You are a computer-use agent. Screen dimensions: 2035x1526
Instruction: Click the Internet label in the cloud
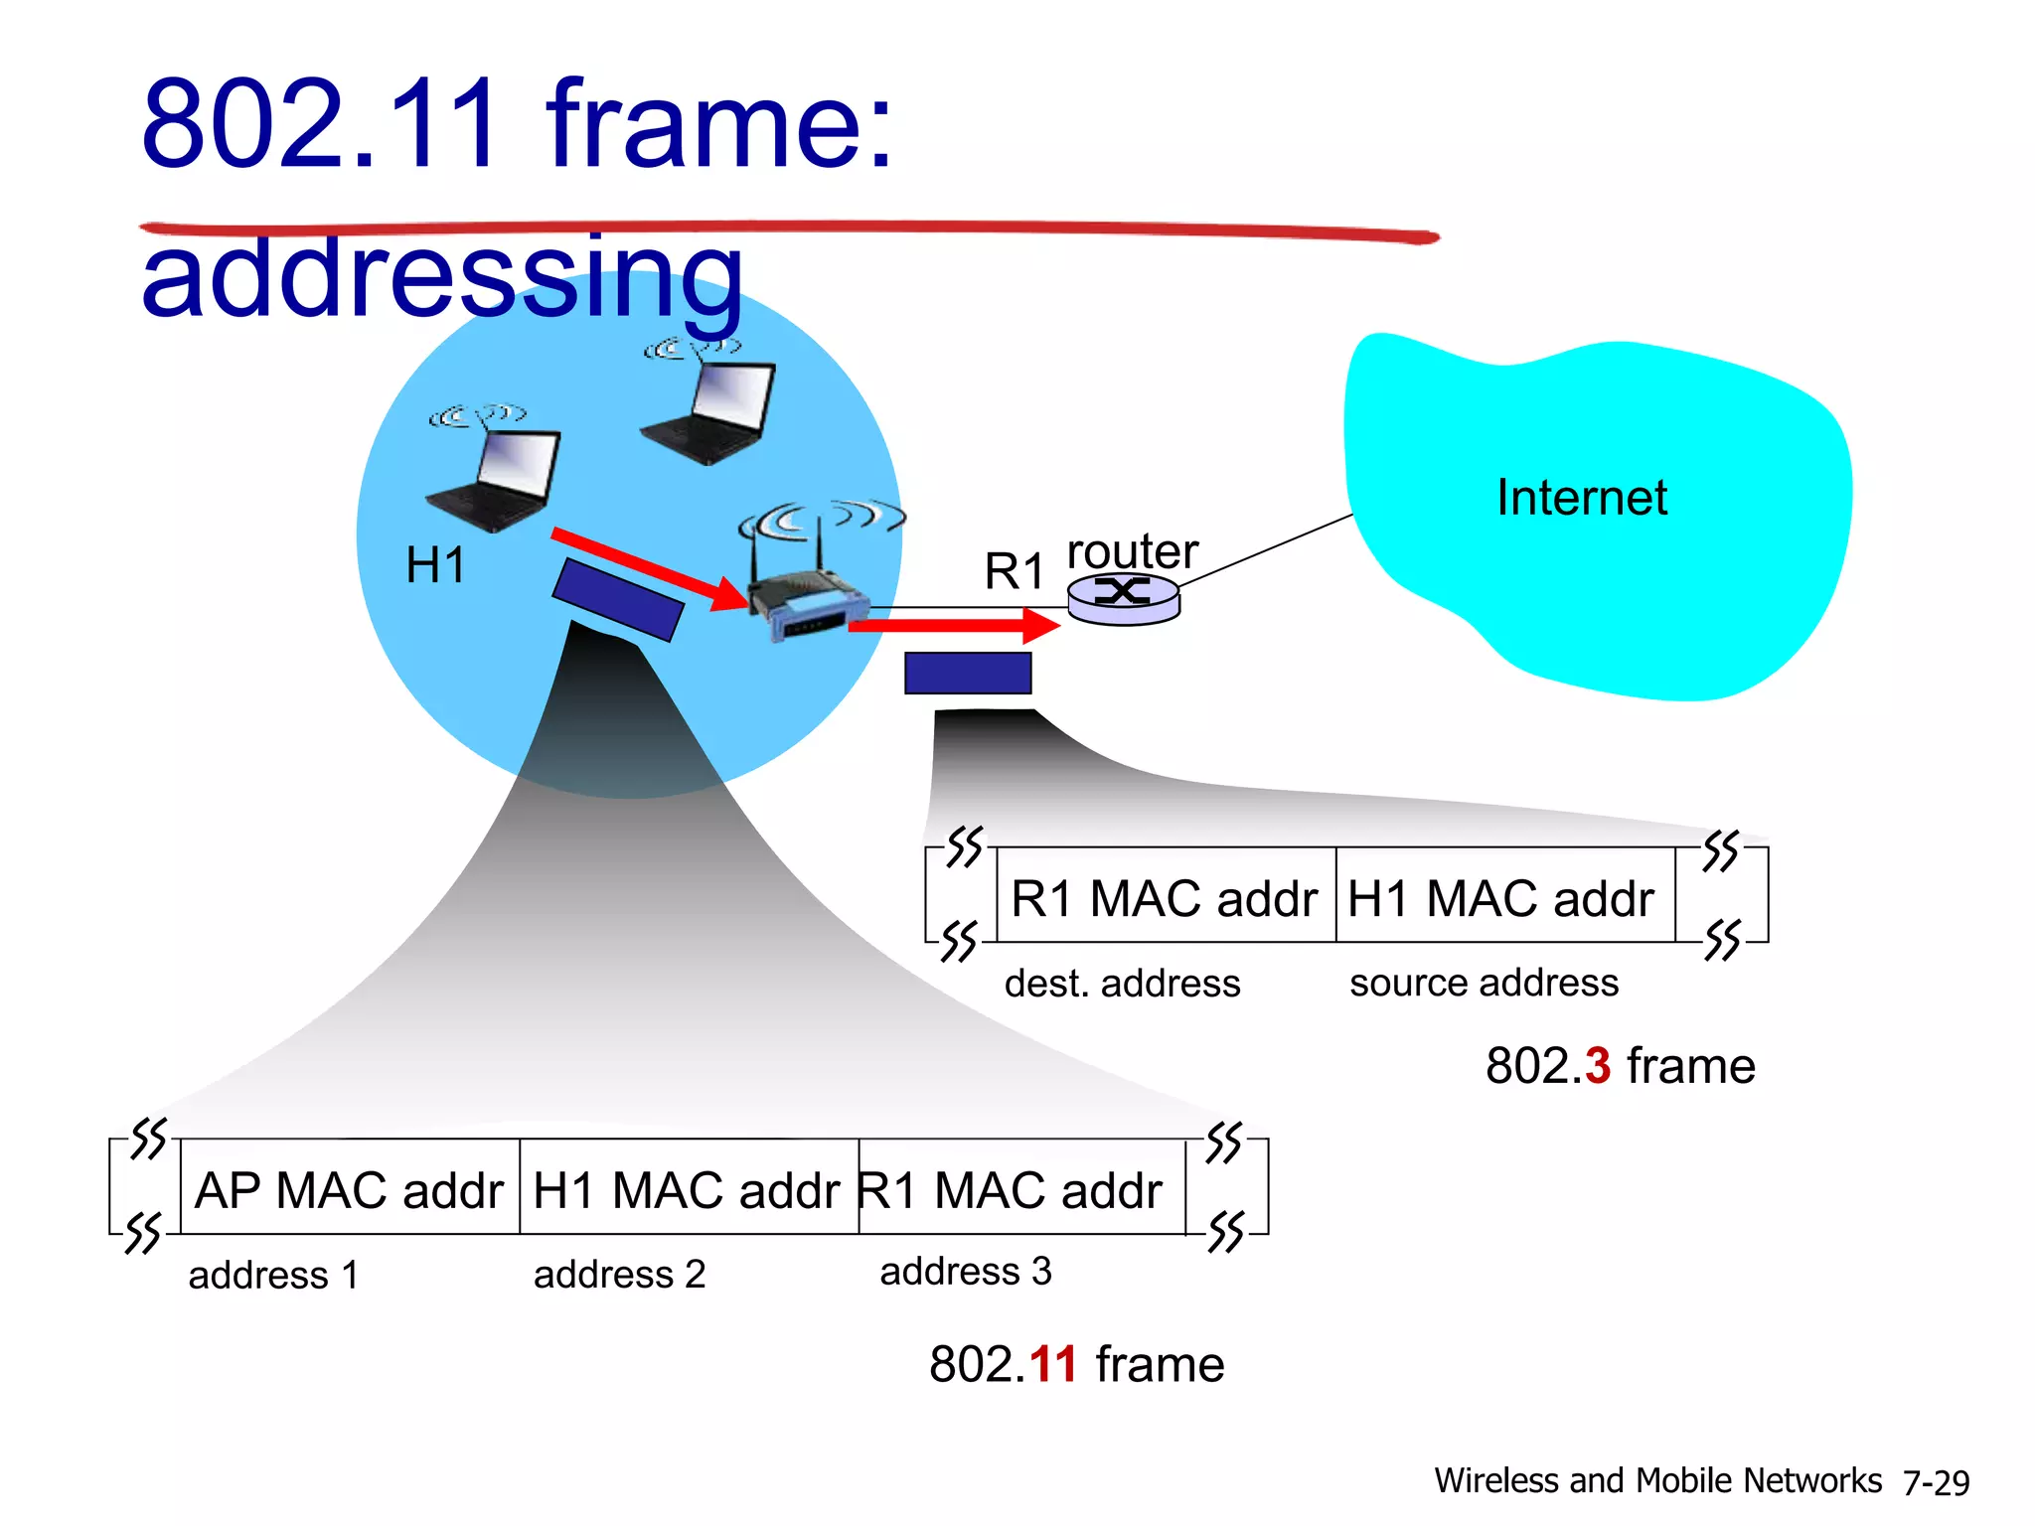click(1581, 498)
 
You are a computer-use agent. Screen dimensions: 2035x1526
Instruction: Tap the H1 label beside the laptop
click(435, 565)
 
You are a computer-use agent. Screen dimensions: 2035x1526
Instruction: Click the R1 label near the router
click(1014, 571)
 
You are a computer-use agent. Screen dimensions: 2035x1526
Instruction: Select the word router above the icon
click(1132, 551)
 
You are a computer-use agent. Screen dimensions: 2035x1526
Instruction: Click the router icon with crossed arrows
click(1124, 596)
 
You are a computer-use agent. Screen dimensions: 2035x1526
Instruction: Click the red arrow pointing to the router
click(954, 626)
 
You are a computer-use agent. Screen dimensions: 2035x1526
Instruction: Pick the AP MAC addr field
click(349, 1189)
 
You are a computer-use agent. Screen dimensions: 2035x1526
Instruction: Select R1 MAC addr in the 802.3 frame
click(1164, 898)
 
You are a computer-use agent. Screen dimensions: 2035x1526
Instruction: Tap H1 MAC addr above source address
click(1500, 898)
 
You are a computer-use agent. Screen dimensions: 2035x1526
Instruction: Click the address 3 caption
click(965, 1272)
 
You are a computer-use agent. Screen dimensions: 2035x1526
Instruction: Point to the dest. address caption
click(1122, 984)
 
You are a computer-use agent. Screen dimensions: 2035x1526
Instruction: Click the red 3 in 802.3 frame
click(1598, 1066)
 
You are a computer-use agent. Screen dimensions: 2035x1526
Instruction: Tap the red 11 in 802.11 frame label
click(1053, 1364)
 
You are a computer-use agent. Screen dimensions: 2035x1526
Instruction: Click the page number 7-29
click(1936, 1482)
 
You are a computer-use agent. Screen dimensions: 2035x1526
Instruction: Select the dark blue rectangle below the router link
click(968, 674)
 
